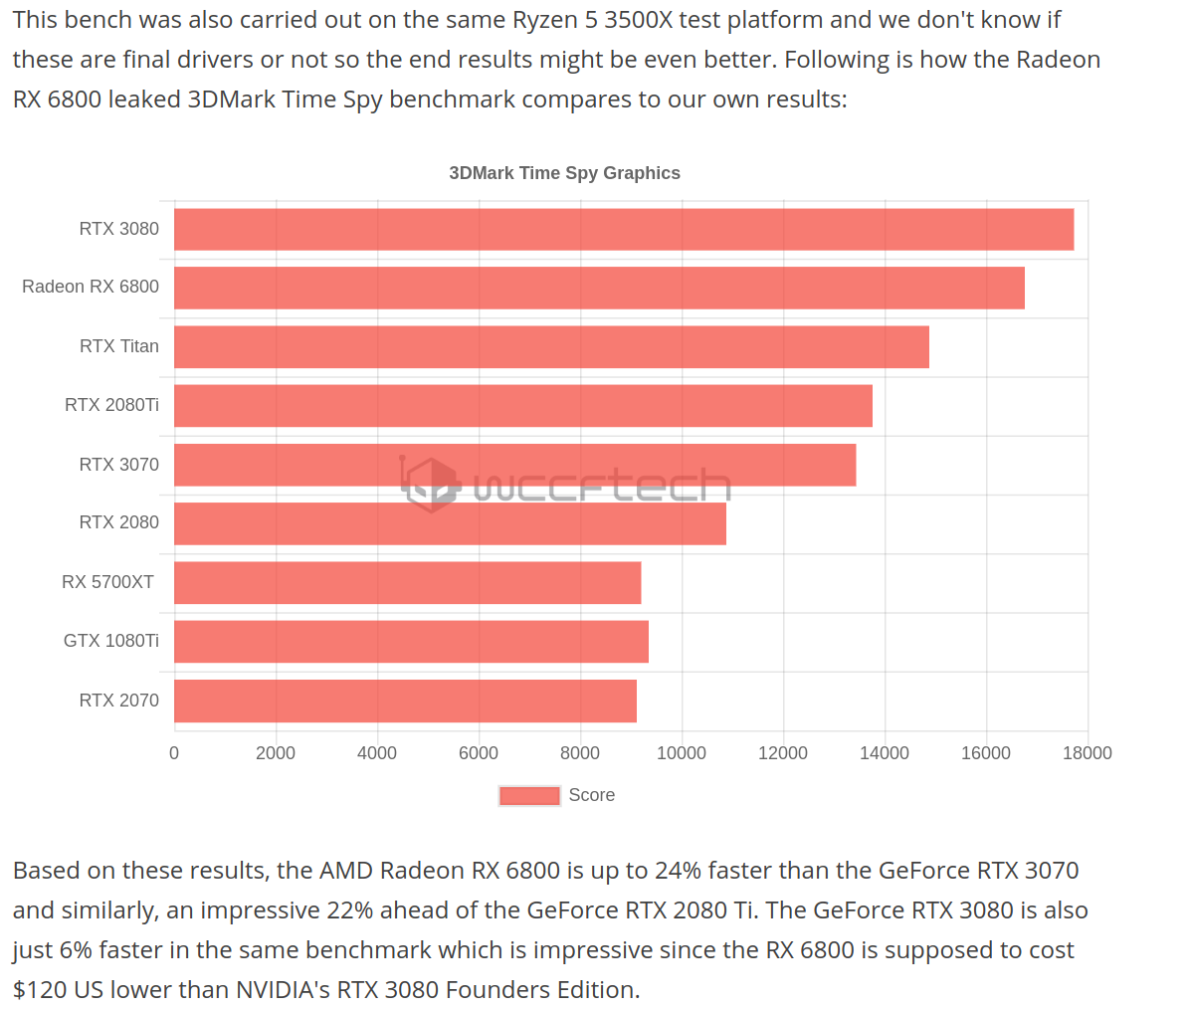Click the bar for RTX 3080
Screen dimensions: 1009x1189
pyautogui.click(x=624, y=229)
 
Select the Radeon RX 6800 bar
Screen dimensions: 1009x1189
pyautogui.click(x=599, y=288)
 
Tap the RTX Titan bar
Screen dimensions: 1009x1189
pyautogui.click(x=551, y=346)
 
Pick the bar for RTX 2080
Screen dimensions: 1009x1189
pyautogui.click(x=450, y=523)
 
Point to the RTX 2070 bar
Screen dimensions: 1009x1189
pyautogui.click(x=405, y=701)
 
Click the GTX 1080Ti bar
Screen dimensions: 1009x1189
pyautogui.click(x=411, y=642)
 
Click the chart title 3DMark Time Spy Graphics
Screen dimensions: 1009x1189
pyautogui.click(x=564, y=173)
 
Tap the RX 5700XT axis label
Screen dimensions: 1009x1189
pyautogui.click(x=107, y=582)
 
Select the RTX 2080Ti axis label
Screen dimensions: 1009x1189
pyautogui.click(x=111, y=405)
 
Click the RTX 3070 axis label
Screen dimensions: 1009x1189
pyautogui.click(x=118, y=465)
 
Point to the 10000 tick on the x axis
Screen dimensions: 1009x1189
pyautogui.click(x=682, y=753)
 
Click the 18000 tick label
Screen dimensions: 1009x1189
pyautogui.click(x=1087, y=753)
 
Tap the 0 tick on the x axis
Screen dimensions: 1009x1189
pyautogui.click(x=174, y=753)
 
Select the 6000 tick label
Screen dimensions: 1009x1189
pyautogui.click(x=479, y=753)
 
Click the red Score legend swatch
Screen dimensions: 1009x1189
pyautogui.click(x=529, y=795)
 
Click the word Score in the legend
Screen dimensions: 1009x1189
pyautogui.click(x=591, y=795)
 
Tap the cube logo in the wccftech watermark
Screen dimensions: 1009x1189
pyautogui.click(x=431, y=485)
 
